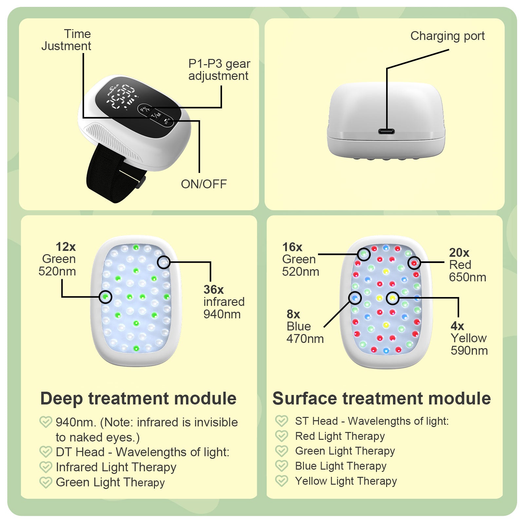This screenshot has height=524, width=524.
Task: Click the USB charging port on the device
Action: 386,132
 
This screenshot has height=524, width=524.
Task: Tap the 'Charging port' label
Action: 447,36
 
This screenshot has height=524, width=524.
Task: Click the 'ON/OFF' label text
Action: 204,184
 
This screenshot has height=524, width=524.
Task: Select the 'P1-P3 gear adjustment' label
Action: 219,70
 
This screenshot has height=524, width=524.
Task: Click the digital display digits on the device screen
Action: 122,97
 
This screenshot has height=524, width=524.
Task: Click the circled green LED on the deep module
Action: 105,297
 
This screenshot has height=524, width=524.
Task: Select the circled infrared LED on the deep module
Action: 164,262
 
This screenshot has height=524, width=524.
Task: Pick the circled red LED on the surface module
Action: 414,263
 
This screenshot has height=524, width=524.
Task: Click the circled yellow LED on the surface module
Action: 392,298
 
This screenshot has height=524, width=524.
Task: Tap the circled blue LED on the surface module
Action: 355,298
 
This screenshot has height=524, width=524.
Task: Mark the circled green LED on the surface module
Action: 364,254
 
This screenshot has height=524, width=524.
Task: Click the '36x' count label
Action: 214,290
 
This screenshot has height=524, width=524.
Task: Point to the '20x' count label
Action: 459,253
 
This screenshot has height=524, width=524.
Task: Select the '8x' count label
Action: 293,314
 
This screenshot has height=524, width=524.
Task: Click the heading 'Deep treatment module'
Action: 138,399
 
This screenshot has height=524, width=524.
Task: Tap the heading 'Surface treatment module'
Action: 382,399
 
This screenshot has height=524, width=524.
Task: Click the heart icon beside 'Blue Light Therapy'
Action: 282,466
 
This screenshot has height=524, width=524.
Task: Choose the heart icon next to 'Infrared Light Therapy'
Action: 46,467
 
